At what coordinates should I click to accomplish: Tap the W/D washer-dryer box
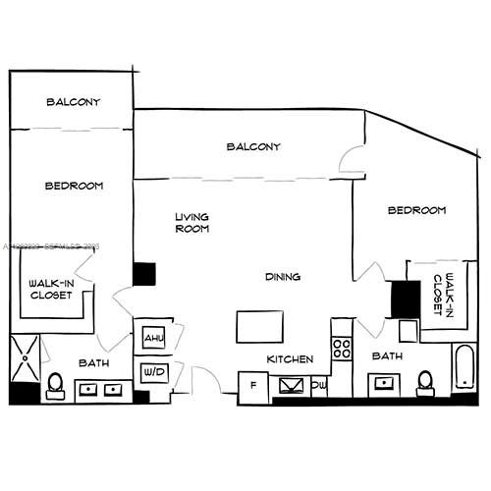154,372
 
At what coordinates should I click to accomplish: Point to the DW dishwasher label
319,385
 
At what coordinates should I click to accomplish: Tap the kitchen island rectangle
260,324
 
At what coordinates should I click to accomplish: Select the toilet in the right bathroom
425,381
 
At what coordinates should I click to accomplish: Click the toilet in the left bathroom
56,384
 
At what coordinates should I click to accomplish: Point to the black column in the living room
144,274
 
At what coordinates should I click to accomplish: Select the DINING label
282,277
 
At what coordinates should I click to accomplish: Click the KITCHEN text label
292,359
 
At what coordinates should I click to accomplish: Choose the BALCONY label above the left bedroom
73,102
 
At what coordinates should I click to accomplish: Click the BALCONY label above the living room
253,146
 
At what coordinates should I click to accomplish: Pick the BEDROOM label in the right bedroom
416,210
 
